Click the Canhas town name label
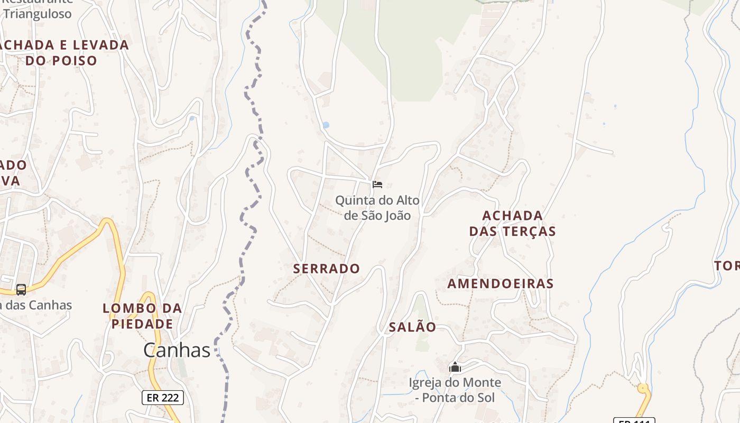pos(177,350)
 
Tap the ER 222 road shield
pos(162,398)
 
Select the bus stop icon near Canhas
pos(21,289)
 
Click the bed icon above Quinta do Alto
pos(377,184)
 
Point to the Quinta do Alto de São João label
pos(377,208)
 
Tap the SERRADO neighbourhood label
pos(326,269)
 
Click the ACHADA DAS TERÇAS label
pos(512,223)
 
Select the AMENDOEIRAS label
pos(500,283)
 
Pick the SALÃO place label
pos(412,327)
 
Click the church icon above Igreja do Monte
pos(455,366)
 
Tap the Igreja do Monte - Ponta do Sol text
pos(455,390)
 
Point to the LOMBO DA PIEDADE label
pos(142,316)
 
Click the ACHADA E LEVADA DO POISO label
pos(62,52)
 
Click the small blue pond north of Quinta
pos(326,125)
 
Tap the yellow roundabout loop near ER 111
pos(643,389)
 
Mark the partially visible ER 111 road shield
pos(634,420)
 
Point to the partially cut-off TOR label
pos(727,265)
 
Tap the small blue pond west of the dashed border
pos(191,118)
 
